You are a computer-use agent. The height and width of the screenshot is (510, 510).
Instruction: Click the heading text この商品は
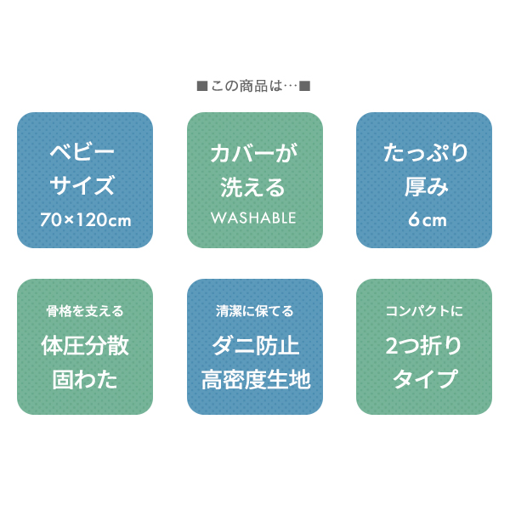(246, 86)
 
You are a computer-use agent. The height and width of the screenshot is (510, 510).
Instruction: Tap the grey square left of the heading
(202, 87)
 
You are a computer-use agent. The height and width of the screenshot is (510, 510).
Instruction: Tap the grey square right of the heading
(305, 86)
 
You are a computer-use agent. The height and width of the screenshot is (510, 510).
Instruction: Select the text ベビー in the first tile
(82, 151)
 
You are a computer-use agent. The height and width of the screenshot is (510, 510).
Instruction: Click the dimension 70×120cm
(86, 220)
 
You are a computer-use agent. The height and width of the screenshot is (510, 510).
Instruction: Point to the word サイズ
(82, 185)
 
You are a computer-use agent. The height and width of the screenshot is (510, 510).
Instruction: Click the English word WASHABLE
(253, 218)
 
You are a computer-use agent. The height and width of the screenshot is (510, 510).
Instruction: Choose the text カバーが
(254, 153)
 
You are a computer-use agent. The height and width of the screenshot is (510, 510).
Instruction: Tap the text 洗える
(252, 187)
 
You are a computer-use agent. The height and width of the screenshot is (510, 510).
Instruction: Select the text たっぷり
(426, 153)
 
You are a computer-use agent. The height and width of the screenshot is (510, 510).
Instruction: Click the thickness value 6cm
(428, 219)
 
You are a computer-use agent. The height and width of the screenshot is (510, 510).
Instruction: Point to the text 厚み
(427, 187)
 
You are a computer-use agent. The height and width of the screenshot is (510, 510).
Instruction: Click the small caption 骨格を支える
(85, 311)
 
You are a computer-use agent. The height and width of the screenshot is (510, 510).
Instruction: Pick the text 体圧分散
(85, 345)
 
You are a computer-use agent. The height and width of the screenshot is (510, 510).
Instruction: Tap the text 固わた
(85, 380)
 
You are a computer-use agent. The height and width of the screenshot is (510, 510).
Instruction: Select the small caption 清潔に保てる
(255, 311)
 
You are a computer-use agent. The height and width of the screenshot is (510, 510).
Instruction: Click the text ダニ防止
(256, 345)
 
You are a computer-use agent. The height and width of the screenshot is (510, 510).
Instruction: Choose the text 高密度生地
(256, 380)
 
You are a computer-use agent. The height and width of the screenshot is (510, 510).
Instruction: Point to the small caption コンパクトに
(424, 311)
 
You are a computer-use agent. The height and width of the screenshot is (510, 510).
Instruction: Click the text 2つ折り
(423, 345)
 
